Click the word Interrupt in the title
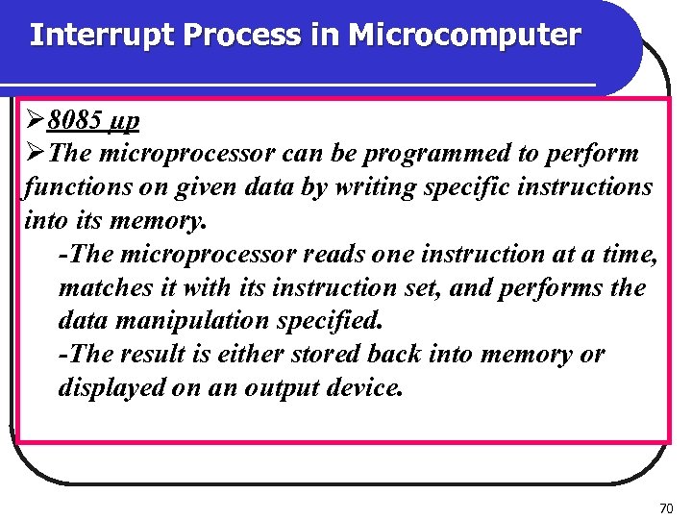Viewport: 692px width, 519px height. coord(101,36)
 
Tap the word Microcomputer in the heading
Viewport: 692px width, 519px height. coord(464,36)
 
